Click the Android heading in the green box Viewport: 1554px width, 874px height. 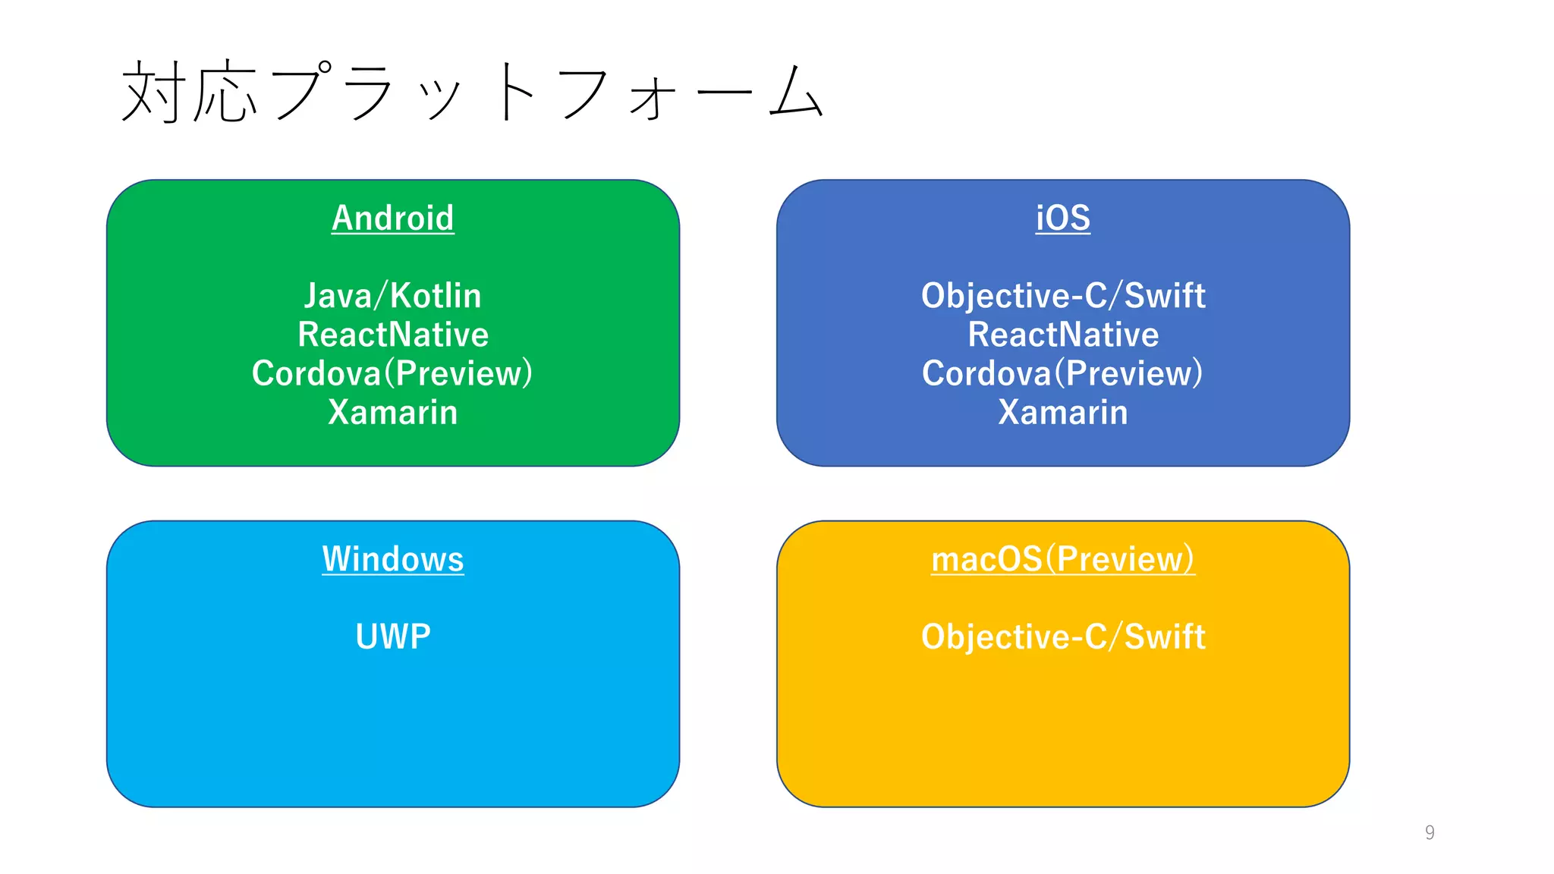point(392,218)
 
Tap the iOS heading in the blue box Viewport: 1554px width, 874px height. point(1062,218)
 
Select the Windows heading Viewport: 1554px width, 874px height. point(392,559)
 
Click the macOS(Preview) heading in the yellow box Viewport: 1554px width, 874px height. point(1062,559)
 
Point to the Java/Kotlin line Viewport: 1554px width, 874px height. point(392,296)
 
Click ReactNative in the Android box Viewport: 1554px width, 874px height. point(392,335)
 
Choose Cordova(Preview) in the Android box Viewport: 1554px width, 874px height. point(392,373)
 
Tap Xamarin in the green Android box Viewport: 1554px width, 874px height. point(392,413)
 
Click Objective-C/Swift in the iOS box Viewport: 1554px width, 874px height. point(1062,296)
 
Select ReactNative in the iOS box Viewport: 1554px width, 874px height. point(1062,335)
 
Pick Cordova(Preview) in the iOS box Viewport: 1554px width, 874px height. point(1062,373)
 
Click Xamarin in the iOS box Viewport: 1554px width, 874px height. point(1062,413)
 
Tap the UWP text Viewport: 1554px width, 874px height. point(392,637)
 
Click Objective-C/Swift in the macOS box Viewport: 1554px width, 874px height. point(1062,637)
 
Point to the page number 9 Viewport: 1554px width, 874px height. point(1430,832)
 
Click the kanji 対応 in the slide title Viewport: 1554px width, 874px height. point(190,93)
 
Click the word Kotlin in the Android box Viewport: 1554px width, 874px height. point(436,296)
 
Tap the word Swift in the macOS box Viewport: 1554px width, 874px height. point(1164,637)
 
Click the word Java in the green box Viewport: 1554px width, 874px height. point(338,296)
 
